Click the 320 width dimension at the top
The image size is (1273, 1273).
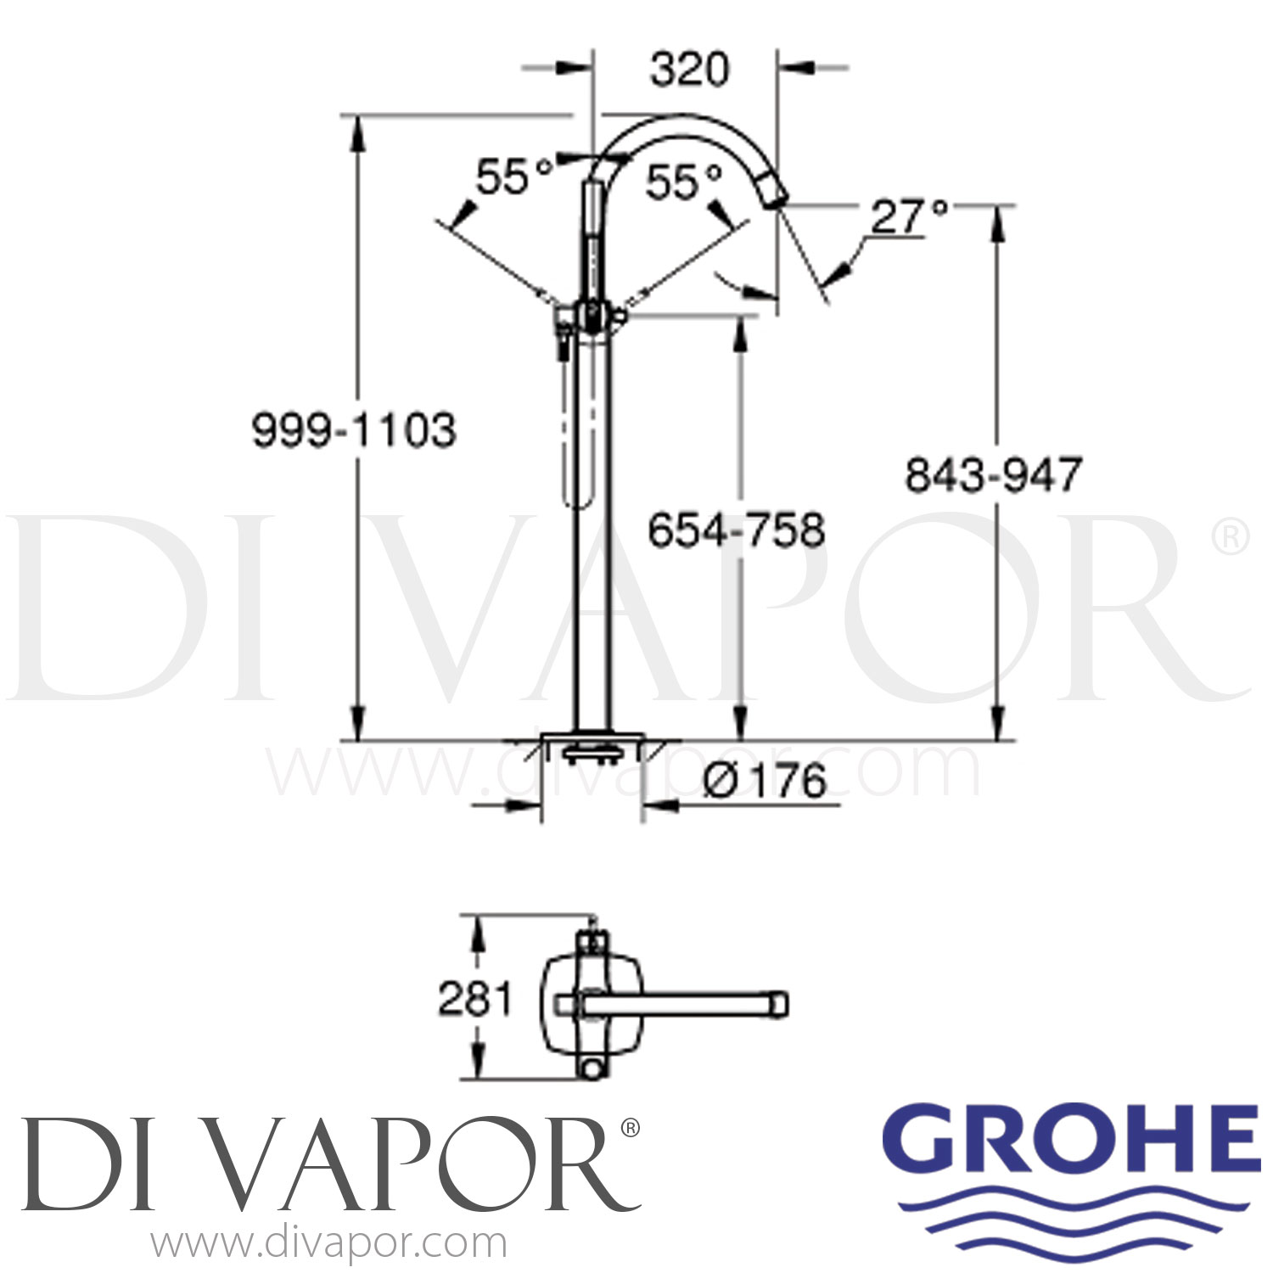688,70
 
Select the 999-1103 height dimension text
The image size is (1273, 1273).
354,430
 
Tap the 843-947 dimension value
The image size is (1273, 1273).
993,474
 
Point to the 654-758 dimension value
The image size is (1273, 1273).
736,531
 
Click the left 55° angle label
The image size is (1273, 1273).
513,177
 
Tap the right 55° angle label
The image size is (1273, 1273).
683,182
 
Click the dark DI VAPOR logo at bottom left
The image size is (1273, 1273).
327,1163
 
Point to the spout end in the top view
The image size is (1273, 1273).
779,1004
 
